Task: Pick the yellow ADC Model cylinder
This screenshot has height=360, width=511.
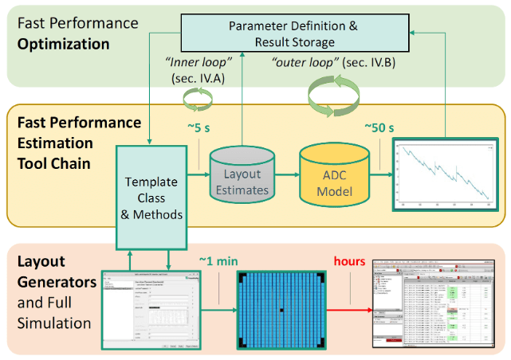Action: [x=335, y=178]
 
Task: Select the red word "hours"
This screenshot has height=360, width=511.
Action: [x=350, y=260]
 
